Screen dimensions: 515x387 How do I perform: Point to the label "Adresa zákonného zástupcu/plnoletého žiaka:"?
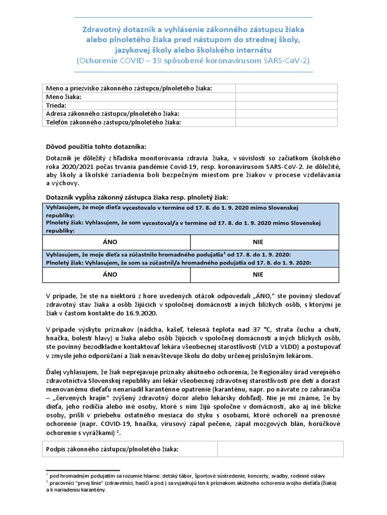pos(113,114)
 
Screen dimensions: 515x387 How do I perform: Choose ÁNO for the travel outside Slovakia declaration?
pos(110,242)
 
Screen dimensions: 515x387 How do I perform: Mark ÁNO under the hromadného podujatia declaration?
pos(110,275)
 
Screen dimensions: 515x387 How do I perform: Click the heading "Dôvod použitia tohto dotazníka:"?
pos(96,147)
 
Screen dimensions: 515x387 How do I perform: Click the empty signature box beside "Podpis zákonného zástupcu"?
pos(280,449)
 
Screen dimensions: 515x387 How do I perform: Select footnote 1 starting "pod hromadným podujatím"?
pos(186,475)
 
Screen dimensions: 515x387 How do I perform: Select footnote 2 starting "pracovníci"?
pos(191,483)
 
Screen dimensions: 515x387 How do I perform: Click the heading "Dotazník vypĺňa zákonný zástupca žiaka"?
pos(137,198)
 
